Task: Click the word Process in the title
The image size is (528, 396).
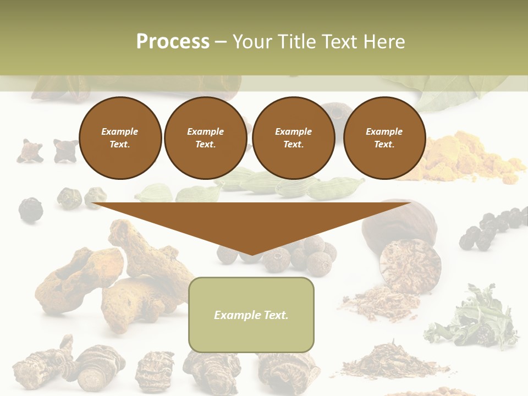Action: pos(173,42)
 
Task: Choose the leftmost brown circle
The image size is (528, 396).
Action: pos(120,138)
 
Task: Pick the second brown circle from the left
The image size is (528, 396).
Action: pos(205,138)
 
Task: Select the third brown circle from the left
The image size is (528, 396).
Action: pos(293,138)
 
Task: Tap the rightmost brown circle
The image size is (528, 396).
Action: pos(384,138)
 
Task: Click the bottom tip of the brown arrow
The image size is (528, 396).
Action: pos(252,254)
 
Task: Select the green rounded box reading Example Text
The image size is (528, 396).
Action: pos(251,315)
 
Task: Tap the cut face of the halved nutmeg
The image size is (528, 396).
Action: pos(410,264)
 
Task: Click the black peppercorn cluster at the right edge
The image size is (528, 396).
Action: pos(492,228)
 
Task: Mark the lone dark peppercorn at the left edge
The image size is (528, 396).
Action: pos(30,209)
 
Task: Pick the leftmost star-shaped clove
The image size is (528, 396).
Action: pos(30,151)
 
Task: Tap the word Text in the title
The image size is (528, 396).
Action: pos(345,42)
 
